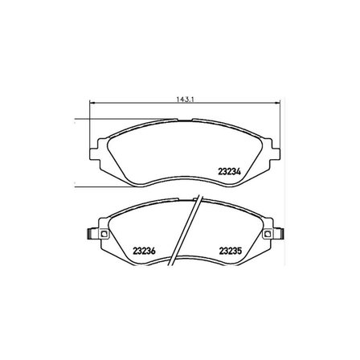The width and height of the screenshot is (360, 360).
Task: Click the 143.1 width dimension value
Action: pyautogui.click(x=185, y=100)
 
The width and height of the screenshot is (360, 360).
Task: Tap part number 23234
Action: pyautogui.click(x=230, y=171)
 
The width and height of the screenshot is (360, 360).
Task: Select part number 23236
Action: pyautogui.click(x=144, y=251)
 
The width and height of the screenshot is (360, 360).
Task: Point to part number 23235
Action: pyautogui.click(x=231, y=251)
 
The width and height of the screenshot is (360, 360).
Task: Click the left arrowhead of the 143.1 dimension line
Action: pyautogui.click(x=91, y=103)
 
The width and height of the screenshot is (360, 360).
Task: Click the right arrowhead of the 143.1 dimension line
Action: pyautogui.click(x=277, y=103)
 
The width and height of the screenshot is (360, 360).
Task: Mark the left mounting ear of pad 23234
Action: pyautogui.click(x=95, y=154)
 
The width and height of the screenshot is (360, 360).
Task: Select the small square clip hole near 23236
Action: pyautogui.click(x=104, y=234)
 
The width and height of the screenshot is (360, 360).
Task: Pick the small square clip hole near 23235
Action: pyautogui.click(x=267, y=234)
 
